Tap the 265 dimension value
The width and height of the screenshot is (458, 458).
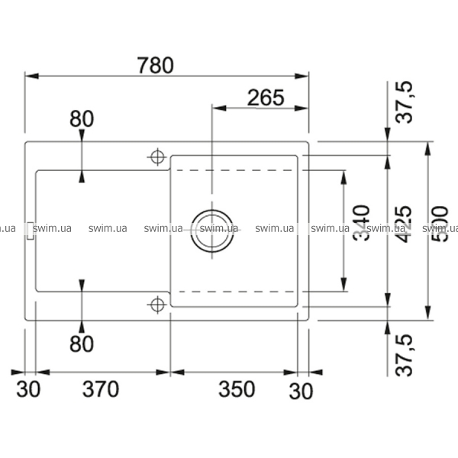266,98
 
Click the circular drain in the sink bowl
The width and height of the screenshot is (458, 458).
211,227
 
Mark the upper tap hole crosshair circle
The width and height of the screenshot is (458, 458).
157,156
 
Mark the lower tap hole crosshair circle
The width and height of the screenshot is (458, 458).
157,305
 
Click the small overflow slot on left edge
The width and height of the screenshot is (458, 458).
30,231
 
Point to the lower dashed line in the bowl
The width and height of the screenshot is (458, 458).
237,292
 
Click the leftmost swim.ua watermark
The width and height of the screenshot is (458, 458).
8,227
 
